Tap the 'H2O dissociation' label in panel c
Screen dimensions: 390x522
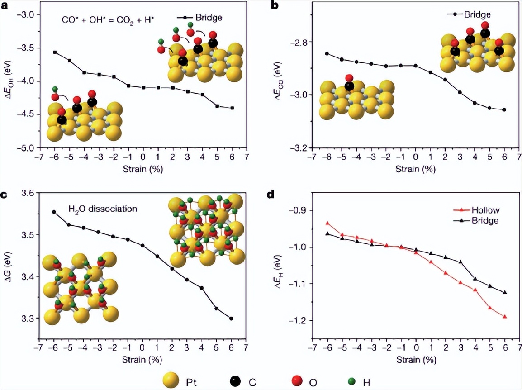point(102,209)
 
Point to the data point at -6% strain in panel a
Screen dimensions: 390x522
point(55,52)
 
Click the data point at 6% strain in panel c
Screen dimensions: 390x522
point(231,319)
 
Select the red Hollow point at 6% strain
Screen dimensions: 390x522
point(505,317)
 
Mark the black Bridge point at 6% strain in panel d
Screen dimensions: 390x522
point(505,292)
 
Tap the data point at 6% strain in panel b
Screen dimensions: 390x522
point(504,109)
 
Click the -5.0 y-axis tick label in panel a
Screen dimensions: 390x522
point(25,148)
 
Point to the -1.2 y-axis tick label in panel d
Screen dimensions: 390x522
point(298,321)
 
